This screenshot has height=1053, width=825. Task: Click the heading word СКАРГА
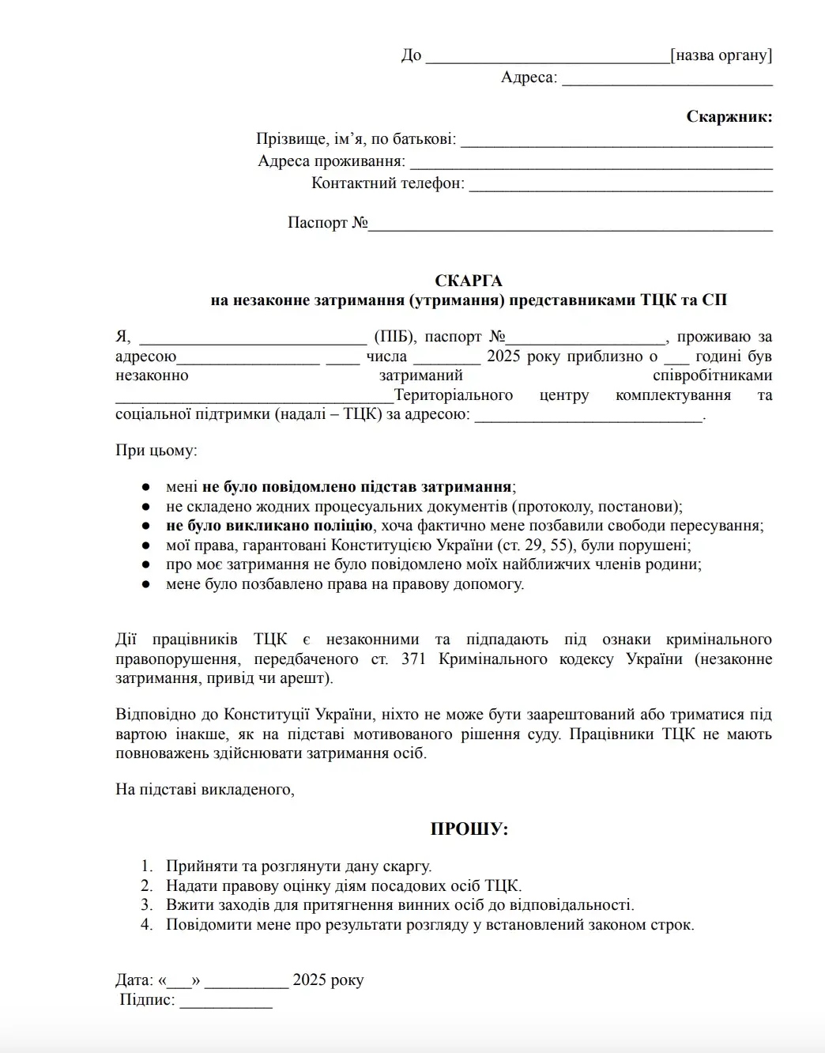pyautogui.click(x=468, y=281)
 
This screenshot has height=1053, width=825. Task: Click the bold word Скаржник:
pyautogui.click(x=729, y=117)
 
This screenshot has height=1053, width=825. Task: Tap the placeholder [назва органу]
pyautogui.click(x=721, y=55)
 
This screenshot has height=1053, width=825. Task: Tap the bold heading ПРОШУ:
pyautogui.click(x=469, y=829)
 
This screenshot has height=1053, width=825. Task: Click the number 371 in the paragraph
pyautogui.click(x=413, y=659)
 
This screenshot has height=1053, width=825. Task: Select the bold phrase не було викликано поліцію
pyautogui.click(x=269, y=526)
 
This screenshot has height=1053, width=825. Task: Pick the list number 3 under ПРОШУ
pyautogui.click(x=147, y=905)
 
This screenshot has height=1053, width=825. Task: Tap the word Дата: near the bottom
pyautogui.click(x=134, y=980)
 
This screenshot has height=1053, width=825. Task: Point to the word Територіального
pyautogui.click(x=454, y=395)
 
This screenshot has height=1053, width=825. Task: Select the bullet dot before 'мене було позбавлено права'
pyautogui.click(x=145, y=585)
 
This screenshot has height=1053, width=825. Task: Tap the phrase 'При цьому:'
pyautogui.click(x=156, y=451)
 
